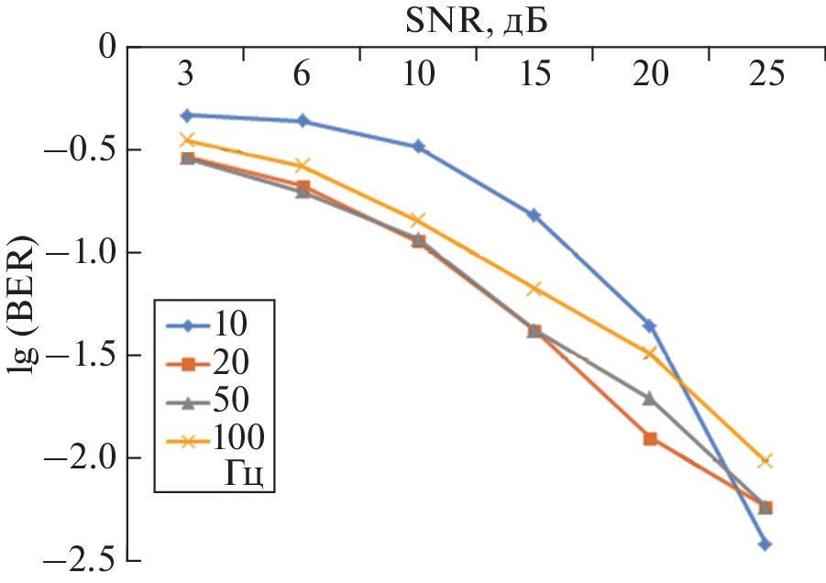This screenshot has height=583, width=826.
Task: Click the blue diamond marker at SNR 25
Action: pos(765,544)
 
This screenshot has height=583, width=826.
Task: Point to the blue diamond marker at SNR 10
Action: pos(418,147)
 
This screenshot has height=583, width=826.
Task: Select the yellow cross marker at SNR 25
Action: pos(765,461)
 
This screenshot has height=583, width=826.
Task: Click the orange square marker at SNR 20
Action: pos(650,438)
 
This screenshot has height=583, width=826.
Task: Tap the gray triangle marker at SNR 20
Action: pos(650,398)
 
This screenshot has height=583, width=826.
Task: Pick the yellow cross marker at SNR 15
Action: pos(534,290)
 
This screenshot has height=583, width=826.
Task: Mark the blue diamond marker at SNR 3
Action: pos(186,115)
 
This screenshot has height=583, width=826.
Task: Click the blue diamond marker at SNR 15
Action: pos(534,215)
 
